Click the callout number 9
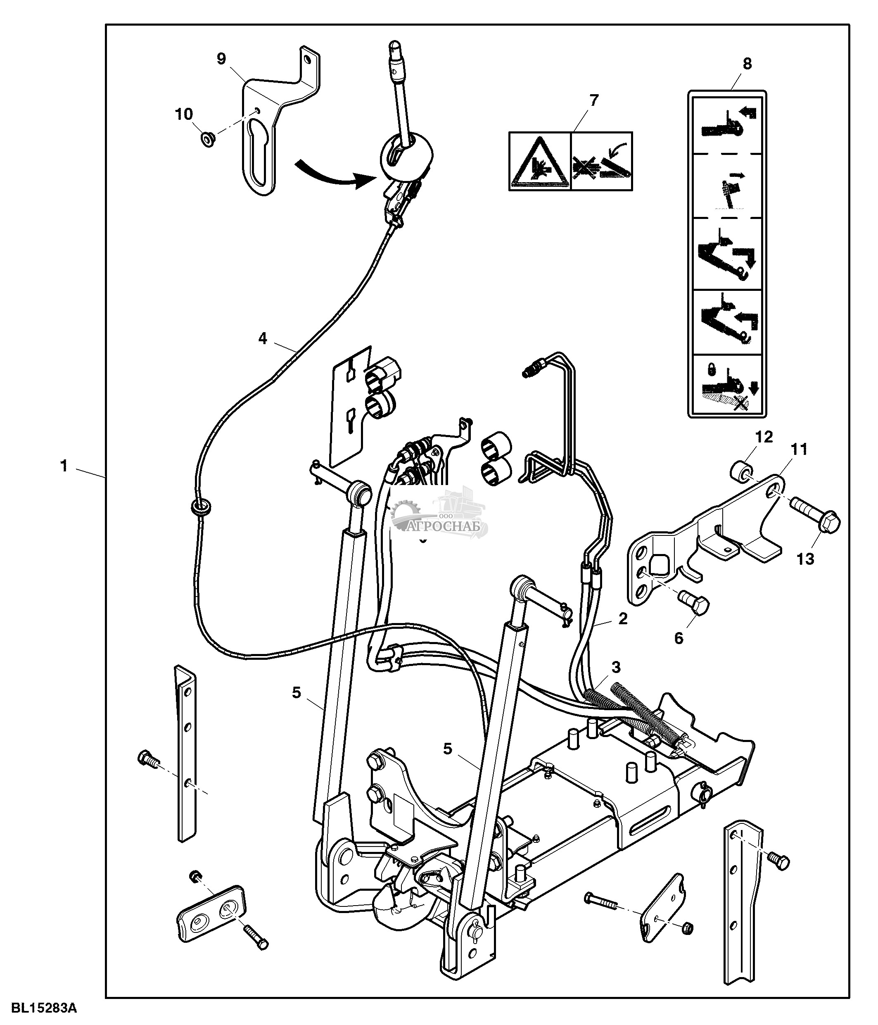221,59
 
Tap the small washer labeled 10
208,140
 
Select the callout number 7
594,100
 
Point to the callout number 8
747,63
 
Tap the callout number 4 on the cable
263,338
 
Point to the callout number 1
63,466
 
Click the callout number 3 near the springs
615,667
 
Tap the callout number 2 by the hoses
623,618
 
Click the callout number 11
800,449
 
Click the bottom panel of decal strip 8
727,383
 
